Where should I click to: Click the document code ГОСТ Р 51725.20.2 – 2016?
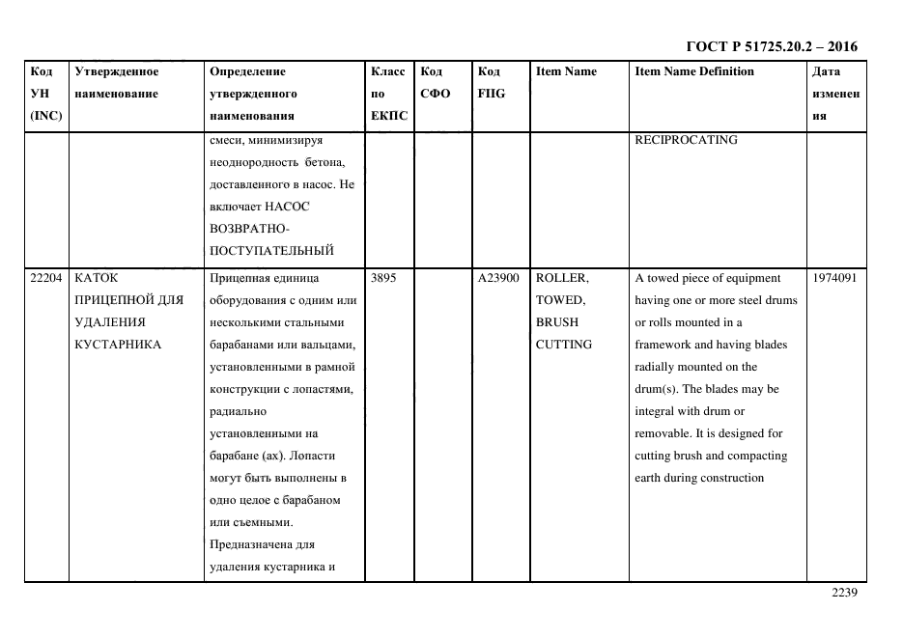click(772, 46)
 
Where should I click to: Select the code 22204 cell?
click(46, 278)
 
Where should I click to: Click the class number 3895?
click(383, 278)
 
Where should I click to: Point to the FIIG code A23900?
click(498, 278)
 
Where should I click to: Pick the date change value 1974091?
click(833, 278)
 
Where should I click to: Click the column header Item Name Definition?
click(694, 71)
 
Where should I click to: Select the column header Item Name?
click(566, 71)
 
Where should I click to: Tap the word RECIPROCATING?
click(686, 140)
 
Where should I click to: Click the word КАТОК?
click(96, 278)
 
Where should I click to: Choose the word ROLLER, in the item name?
click(561, 278)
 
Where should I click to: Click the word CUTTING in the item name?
click(564, 345)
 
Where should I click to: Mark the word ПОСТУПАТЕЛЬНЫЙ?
click(271, 252)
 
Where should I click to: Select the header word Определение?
click(247, 71)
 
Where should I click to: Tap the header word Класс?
click(388, 71)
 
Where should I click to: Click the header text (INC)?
click(46, 116)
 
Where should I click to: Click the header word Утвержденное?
click(117, 71)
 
